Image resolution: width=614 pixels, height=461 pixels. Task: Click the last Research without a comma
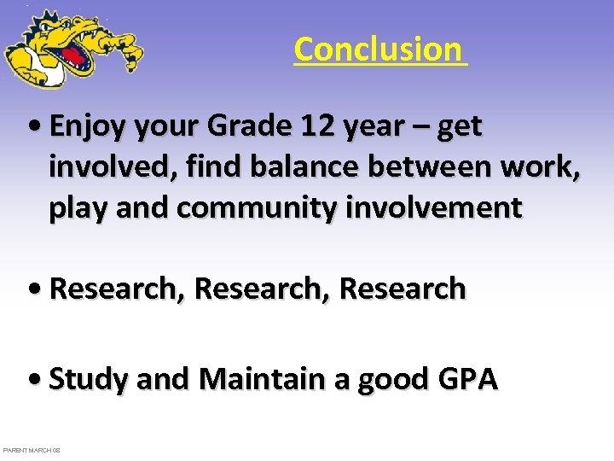(403, 289)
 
